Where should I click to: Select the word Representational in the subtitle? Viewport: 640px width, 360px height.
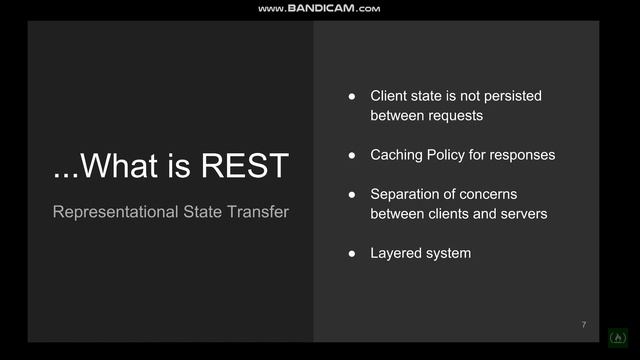111,212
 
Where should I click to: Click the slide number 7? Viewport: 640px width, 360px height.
583,325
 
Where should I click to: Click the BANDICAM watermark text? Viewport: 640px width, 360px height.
319,8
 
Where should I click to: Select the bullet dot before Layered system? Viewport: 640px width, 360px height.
352,253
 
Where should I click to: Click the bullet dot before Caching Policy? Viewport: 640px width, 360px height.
352,155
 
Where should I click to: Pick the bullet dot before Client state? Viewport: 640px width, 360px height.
352,97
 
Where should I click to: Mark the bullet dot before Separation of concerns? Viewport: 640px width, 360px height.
352,194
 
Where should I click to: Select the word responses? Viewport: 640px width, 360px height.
519,155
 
